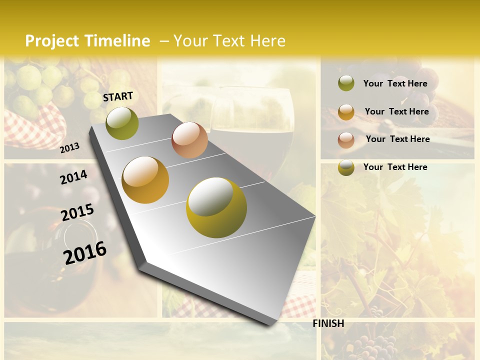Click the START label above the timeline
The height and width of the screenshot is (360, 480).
118,96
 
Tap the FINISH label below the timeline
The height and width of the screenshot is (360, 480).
328,323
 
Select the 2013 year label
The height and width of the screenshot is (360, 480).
69,147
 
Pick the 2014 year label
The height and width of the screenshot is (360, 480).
73,177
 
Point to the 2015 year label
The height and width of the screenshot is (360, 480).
77,212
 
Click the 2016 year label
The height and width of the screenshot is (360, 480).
85,252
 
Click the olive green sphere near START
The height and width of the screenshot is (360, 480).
122,123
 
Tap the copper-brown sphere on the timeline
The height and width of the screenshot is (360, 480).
189,140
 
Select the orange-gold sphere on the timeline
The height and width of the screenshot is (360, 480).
145,180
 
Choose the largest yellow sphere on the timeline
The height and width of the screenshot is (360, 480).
216,207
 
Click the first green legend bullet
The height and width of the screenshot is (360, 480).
346,83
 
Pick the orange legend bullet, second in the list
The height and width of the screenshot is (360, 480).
346,112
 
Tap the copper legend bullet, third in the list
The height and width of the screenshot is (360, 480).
346,140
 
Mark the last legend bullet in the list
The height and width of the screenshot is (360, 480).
346,167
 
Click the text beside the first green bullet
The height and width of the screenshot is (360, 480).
395,83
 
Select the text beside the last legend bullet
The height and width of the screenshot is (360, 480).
395,167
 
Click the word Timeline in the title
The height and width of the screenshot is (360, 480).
117,41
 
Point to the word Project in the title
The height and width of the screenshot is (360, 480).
52,41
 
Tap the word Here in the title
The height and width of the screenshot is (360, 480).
267,41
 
